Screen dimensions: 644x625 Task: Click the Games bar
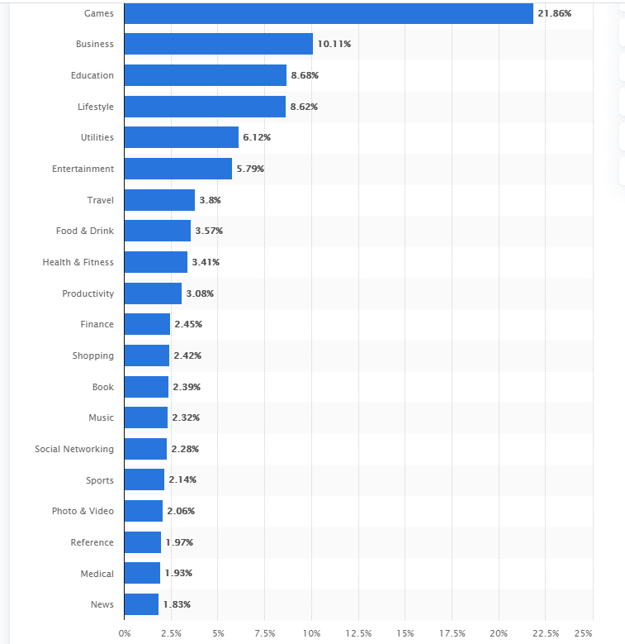pos(329,13)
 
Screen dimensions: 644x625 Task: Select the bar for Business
pos(219,44)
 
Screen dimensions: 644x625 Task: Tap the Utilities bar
pos(182,137)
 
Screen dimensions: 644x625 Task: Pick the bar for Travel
pos(159,200)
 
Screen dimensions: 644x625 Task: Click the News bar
pos(141,604)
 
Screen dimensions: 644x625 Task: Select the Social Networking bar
pos(145,449)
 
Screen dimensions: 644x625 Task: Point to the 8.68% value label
pos(305,75)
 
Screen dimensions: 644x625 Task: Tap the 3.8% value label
pos(210,200)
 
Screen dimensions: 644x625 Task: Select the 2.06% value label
pos(181,511)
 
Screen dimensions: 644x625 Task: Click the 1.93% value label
pos(178,574)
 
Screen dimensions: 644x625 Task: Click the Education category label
pos(92,75)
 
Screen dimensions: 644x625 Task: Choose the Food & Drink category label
pos(85,231)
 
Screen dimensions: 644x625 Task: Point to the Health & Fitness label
pos(78,262)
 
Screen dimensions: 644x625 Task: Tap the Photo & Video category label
pos(83,511)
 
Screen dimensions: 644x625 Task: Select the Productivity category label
pos(88,293)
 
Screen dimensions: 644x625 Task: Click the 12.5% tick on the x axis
pos(358,633)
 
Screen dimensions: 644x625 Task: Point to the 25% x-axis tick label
pos(583,633)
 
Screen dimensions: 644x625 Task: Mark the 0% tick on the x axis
pos(125,633)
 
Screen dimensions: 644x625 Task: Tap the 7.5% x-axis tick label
pos(264,633)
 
